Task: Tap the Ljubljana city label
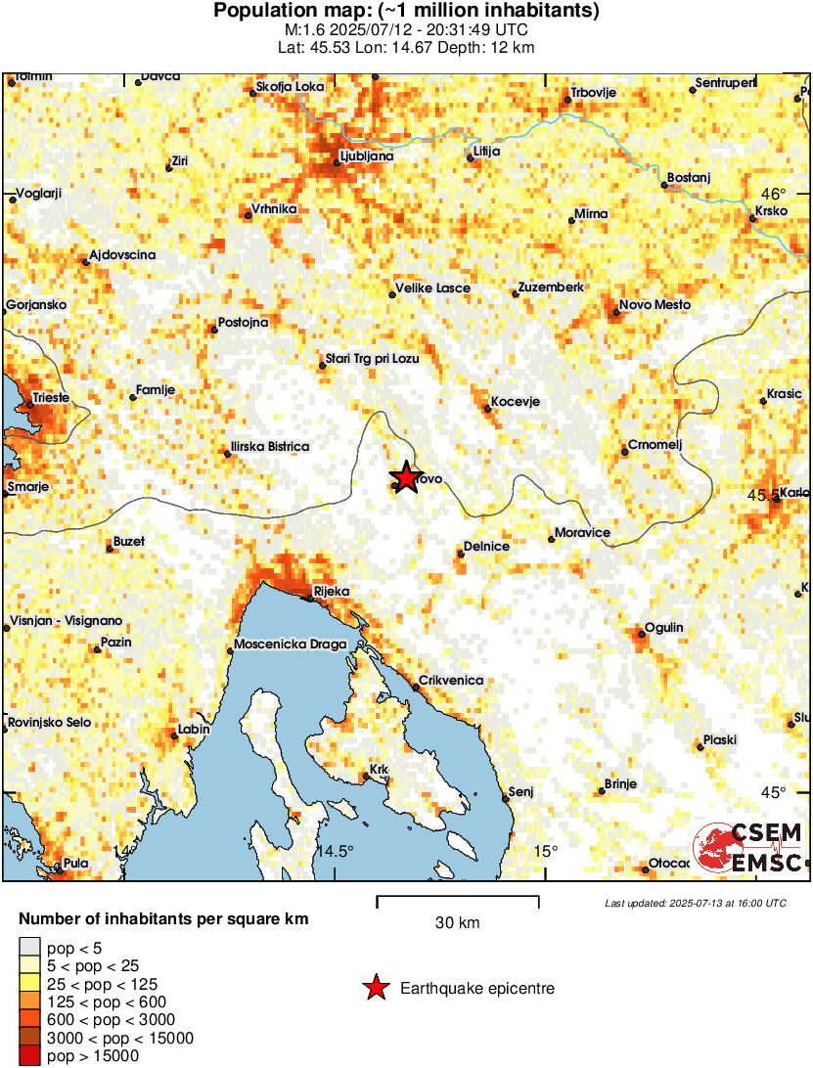coord(366,156)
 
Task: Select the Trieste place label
coord(50,397)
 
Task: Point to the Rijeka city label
coord(331,591)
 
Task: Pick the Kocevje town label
coord(515,402)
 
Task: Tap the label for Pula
coord(74,863)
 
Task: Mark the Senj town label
coord(520,791)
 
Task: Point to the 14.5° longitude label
coord(335,850)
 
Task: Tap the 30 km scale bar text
coord(457,922)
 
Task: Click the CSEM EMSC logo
coord(748,847)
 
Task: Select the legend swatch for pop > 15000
coord(30,1055)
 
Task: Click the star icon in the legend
coord(376,989)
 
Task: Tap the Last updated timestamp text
coord(695,903)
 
